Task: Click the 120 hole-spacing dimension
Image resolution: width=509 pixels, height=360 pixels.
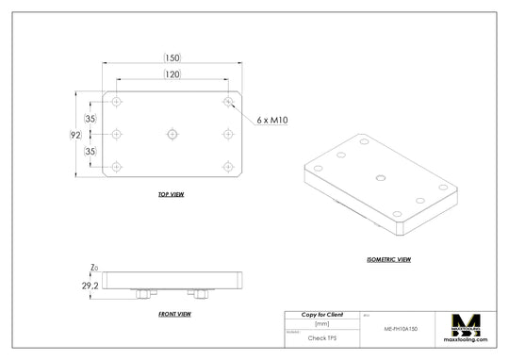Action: click(172, 74)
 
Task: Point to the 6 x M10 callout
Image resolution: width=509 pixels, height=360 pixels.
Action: click(271, 120)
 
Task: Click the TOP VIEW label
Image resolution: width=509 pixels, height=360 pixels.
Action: click(171, 194)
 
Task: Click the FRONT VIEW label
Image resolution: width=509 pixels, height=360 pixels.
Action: click(175, 313)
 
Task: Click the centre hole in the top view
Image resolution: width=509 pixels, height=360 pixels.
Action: click(172, 134)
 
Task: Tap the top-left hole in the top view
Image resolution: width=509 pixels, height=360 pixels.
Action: click(117, 101)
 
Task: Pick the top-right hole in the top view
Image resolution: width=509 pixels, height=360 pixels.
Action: click(227, 101)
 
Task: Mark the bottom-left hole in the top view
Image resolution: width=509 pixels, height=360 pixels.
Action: click(117, 167)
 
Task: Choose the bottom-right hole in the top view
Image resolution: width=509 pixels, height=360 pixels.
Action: click(227, 167)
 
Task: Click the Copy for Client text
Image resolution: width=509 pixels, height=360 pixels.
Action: click(321, 314)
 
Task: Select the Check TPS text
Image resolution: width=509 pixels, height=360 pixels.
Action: click(321, 336)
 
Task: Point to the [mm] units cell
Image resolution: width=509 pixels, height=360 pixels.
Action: click(321, 323)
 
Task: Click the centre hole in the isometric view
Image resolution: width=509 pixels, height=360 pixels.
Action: click(380, 176)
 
